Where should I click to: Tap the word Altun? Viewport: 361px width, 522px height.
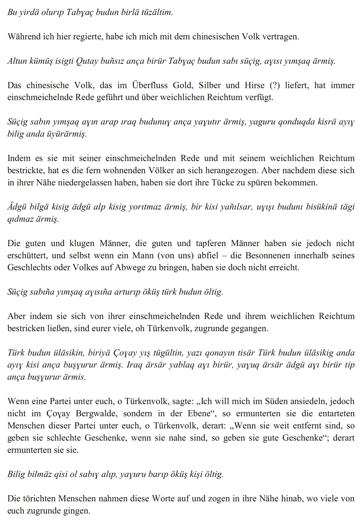point(17,61)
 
